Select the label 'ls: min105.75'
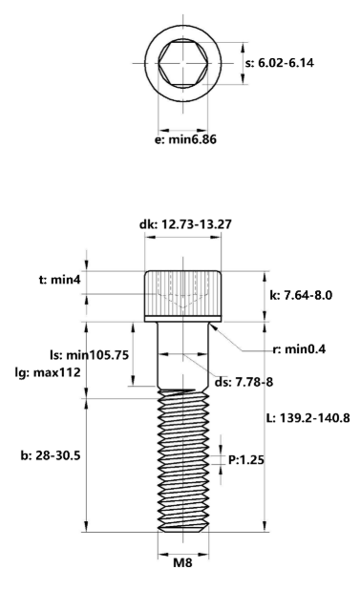click(x=87, y=352)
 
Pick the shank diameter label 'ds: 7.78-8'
click(x=244, y=383)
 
